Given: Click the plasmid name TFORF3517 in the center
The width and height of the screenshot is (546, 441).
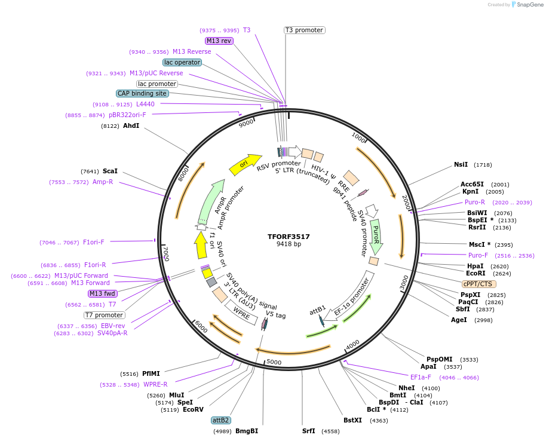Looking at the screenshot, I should (289, 237).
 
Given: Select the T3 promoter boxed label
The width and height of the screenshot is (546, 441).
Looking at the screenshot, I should (304, 30).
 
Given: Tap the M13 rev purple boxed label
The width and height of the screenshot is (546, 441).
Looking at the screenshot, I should (219, 41).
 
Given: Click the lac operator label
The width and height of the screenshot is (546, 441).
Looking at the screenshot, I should (182, 62).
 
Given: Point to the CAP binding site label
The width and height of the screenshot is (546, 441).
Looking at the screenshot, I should (142, 93).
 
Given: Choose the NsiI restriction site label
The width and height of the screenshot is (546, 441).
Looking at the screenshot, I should (461, 164).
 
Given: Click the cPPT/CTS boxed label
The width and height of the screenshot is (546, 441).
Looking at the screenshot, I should (478, 284).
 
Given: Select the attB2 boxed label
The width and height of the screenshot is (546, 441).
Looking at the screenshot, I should (221, 420).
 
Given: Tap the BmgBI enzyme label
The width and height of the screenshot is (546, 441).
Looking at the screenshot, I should (247, 431).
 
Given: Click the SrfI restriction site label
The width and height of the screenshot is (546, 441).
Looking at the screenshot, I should (308, 431).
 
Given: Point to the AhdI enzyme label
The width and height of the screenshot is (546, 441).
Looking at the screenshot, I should (131, 126).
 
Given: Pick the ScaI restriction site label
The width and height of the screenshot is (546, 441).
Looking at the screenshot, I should (110, 171).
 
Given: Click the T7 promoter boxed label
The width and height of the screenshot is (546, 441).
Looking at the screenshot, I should (104, 315).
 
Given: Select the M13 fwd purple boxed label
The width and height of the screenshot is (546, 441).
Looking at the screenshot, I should (102, 293).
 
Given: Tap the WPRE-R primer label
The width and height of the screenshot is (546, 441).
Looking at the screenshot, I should (155, 384).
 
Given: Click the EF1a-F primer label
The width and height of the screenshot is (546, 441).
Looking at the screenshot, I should (420, 377).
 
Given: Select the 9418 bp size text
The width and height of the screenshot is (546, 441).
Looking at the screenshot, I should (289, 244).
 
